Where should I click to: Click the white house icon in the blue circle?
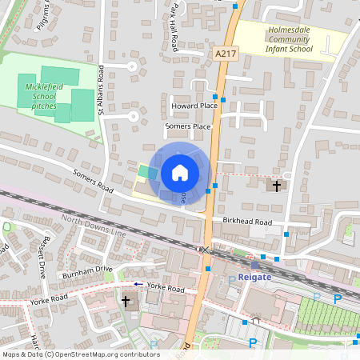click(x=180, y=172)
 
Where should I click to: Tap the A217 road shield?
click(x=226, y=54)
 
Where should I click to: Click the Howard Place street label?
click(x=194, y=106)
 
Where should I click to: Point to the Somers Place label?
click(x=187, y=126)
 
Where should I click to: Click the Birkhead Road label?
click(x=248, y=222)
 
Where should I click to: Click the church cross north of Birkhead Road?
click(x=277, y=186)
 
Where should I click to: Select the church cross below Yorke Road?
click(x=126, y=302)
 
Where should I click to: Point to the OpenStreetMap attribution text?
click(x=80, y=354)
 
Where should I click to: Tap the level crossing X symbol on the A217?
click(x=205, y=250)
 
